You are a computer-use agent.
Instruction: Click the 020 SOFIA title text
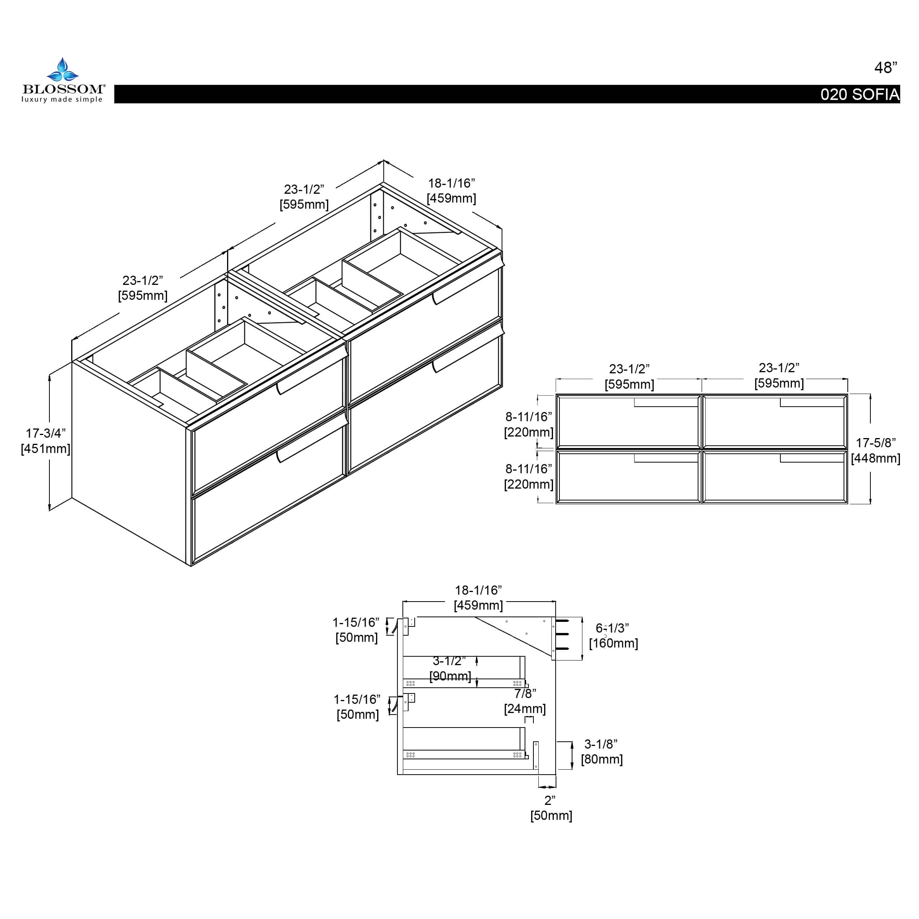click(860, 95)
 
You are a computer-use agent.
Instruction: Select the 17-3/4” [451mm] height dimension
click(46, 440)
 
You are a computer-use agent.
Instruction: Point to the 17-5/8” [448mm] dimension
click(875, 450)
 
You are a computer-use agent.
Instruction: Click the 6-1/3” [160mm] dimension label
click(613, 636)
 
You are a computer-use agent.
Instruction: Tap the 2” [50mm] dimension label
click(551, 808)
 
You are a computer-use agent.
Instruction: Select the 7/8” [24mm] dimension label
click(525, 701)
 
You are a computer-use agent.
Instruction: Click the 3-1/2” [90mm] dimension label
click(450, 668)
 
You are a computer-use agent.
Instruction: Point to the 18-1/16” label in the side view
click(478, 597)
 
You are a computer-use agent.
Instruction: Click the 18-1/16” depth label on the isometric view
click(451, 191)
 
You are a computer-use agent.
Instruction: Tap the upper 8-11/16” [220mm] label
click(528, 424)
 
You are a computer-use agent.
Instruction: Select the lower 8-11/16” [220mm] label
click(528, 476)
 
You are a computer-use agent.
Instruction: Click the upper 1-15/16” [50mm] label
click(356, 630)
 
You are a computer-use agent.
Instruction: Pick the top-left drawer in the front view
click(628, 422)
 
